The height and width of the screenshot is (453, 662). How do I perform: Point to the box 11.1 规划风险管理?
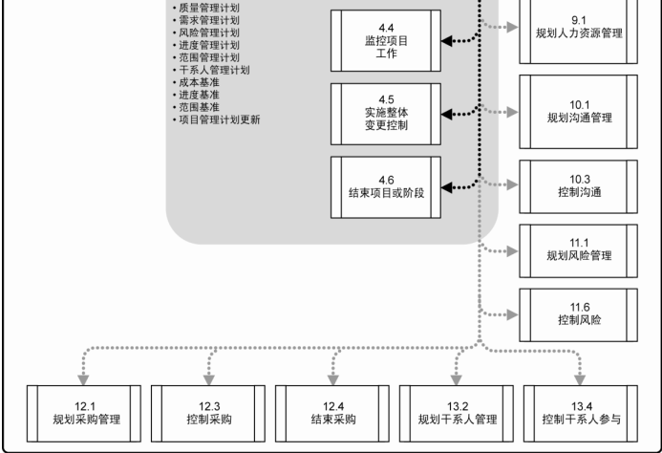[578, 249]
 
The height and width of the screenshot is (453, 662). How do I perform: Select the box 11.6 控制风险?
[578, 313]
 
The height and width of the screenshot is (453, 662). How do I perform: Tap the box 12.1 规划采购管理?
[84, 412]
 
